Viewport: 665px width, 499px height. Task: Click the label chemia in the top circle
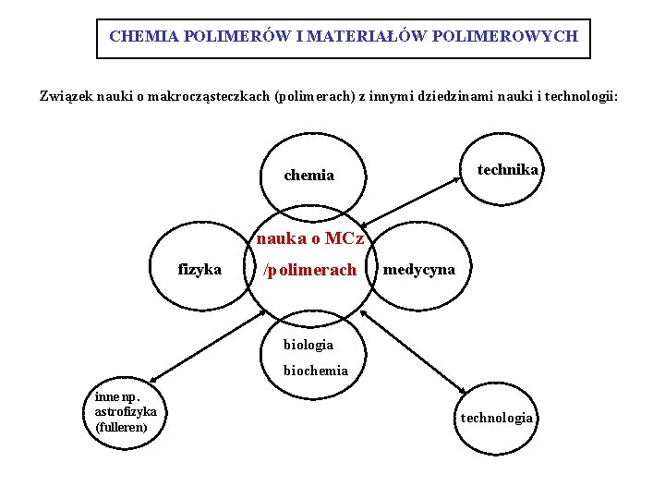coord(309,175)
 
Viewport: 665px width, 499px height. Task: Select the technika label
coord(507,169)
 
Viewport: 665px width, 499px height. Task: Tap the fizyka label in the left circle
coord(199,269)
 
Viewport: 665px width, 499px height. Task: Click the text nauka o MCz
coord(311,238)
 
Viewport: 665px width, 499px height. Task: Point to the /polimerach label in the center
coord(309,270)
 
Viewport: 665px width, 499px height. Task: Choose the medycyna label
coord(418,269)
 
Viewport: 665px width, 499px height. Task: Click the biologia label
coord(308,344)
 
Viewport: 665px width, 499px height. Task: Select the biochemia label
coord(316,370)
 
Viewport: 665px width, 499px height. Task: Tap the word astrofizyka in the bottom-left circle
coord(126,409)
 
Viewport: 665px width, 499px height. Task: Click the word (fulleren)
coord(121,426)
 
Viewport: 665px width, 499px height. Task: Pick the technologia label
coord(497,418)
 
